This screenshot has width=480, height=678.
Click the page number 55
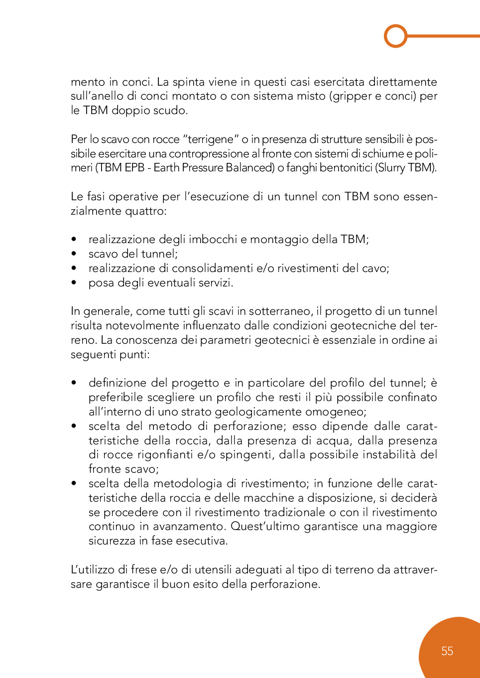(447, 651)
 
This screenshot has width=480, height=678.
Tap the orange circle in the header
(396, 36)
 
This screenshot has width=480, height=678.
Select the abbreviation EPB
(134, 168)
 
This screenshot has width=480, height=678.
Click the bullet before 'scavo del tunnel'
(74, 254)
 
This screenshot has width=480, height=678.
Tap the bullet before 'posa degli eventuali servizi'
(74, 283)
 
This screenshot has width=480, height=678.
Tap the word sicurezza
(112, 541)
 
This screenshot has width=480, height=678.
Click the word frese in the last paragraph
(144, 570)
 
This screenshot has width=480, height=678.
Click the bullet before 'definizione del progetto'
(74, 383)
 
